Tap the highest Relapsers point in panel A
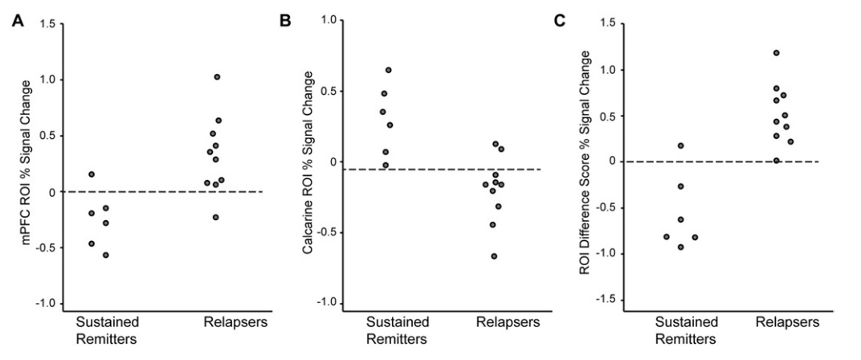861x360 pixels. coord(217,77)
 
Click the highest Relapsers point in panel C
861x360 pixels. coord(776,53)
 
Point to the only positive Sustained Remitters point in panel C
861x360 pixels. coord(680,145)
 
